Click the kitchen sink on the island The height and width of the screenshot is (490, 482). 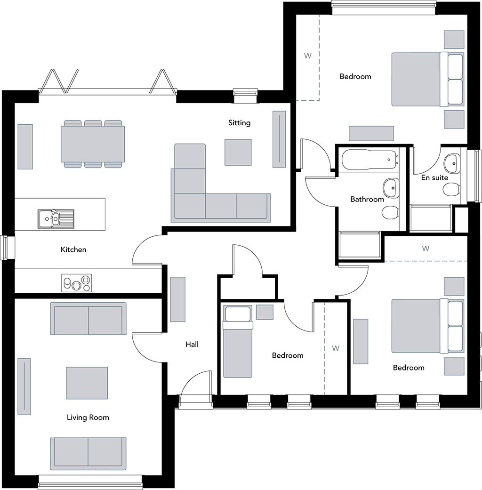coord(56,217)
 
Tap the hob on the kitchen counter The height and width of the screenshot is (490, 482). coord(77,283)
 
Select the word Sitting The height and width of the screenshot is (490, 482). coord(239,123)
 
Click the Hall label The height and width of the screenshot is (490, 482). coord(192,345)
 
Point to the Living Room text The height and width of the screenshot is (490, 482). coord(88,418)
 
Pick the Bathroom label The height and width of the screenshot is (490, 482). coord(367,200)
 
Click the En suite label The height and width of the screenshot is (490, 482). coord(434,178)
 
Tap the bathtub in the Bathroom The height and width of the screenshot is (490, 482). coord(370,161)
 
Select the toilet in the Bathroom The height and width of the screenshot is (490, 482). coord(390,213)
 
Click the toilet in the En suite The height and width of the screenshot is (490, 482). coord(451,189)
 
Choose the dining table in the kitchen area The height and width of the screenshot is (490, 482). coord(93,144)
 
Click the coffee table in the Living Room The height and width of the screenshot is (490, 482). coord(87,383)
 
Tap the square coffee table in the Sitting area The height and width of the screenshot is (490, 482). coord(238,152)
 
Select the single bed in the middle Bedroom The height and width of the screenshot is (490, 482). coord(238,348)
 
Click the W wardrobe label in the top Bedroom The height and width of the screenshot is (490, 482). coord(308,56)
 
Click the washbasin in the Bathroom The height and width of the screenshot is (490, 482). coord(391,188)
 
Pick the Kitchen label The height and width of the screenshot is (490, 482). coord(73,249)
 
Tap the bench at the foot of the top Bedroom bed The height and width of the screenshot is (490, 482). coord(371,133)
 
